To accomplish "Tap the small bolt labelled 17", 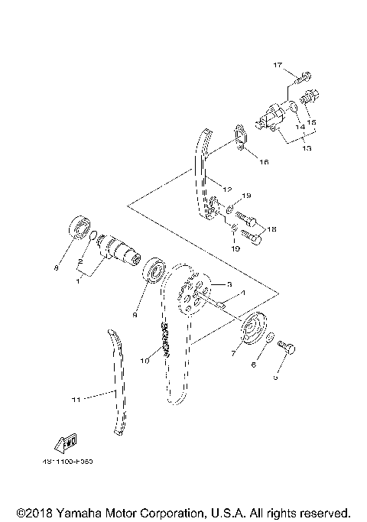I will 304,76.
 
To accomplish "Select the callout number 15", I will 313,122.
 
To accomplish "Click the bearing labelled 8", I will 78,227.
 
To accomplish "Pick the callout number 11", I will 76,397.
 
